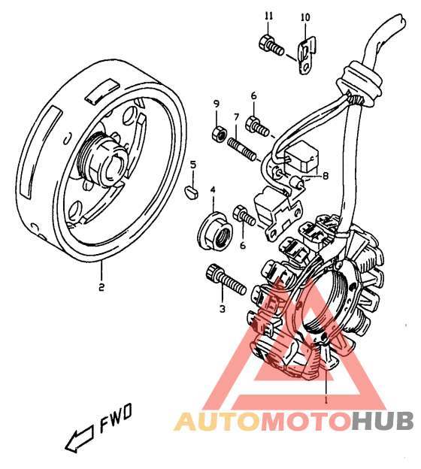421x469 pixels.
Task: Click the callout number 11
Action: click(x=269, y=16)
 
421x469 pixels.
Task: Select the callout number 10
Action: click(x=305, y=17)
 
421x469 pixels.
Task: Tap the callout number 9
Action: click(x=217, y=104)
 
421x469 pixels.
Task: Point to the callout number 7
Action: click(x=236, y=117)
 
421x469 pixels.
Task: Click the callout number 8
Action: click(x=325, y=176)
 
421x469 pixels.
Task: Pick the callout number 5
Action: click(x=193, y=165)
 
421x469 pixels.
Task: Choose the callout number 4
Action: click(x=213, y=189)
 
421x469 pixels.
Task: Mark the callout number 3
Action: click(x=222, y=309)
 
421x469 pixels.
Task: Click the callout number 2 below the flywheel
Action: click(x=101, y=287)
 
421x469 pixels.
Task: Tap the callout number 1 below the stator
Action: click(x=326, y=399)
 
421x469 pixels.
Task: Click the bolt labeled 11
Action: click(x=271, y=45)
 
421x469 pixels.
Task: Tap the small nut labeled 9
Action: click(x=220, y=134)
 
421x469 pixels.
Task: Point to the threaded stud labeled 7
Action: click(x=242, y=149)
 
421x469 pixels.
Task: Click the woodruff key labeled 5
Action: click(x=191, y=192)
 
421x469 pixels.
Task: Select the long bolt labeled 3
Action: click(x=226, y=279)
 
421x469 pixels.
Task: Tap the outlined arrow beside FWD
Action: click(x=79, y=437)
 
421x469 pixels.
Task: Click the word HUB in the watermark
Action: click(x=382, y=421)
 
